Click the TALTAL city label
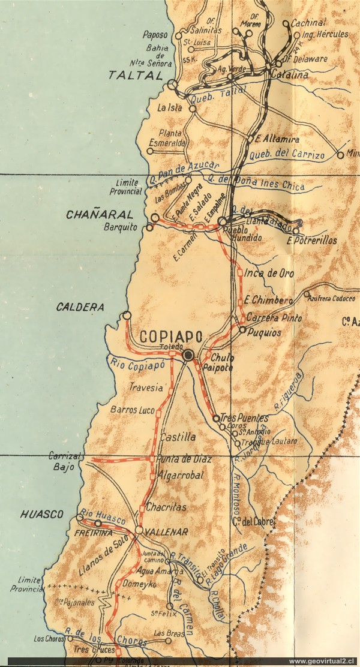coord(136,76)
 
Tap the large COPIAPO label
coord(171,336)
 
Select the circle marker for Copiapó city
coord(189,356)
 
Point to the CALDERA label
coord(80,307)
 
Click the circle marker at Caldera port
coord(126,316)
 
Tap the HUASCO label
coord(41,514)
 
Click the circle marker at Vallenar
coord(139,530)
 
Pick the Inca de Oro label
coord(269,274)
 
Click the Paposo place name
coord(157,35)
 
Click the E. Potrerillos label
coord(312,241)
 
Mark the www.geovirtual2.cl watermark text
coord(317,661)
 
